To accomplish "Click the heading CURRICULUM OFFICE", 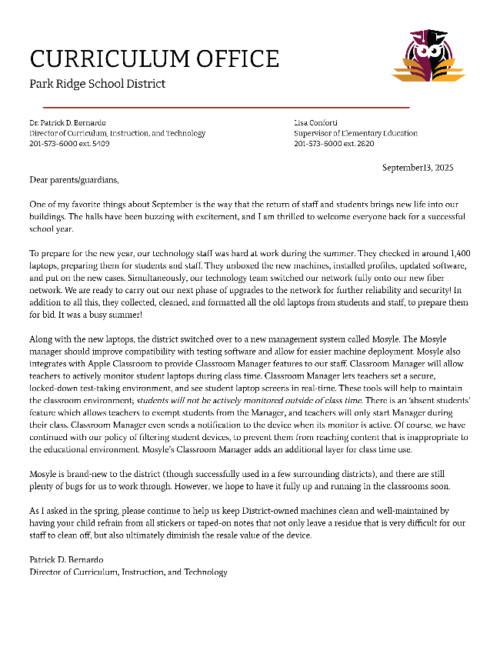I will tap(154, 58).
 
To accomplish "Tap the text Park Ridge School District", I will tap(97, 84).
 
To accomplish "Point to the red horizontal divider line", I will tap(225, 107).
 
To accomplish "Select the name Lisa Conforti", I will tap(315, 123).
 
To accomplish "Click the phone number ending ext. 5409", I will tap(69, 143).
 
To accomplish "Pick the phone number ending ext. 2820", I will tap(334, 143).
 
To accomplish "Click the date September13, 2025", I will tap(418, 168).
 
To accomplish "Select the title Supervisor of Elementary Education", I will tap(355, 133).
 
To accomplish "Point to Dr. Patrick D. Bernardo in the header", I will tap(68, 123).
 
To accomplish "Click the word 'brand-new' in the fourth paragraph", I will tap(90, 474).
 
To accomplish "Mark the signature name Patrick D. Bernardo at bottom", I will tap(66, 560).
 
